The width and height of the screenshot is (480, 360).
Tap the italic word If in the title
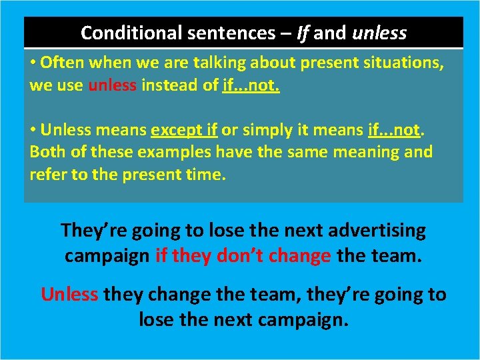[303, 32]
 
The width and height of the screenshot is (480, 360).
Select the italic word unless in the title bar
[379, 32]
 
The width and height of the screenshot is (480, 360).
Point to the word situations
[399, 63]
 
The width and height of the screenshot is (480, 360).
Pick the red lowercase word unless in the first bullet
[111, 86]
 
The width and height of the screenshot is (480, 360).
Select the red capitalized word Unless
[69, 295]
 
